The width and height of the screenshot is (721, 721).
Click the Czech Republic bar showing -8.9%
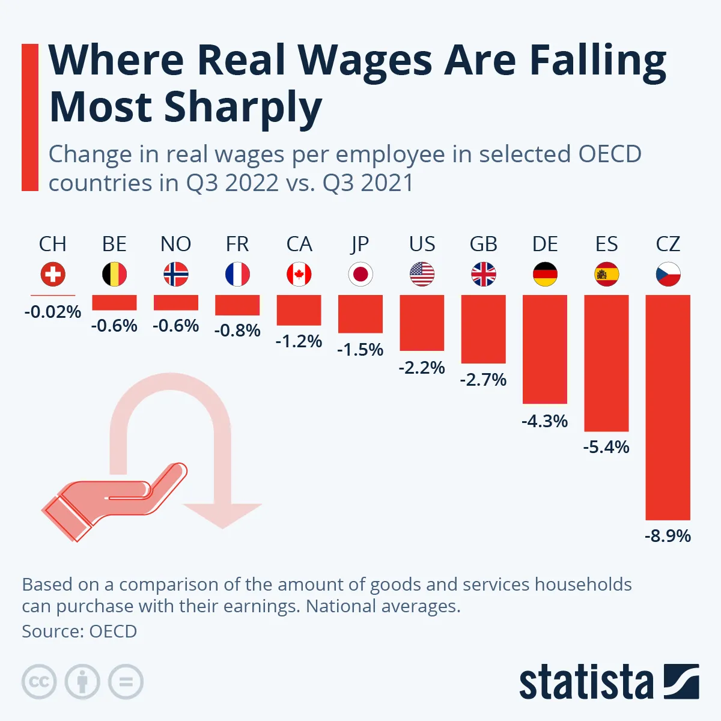click(668, 407)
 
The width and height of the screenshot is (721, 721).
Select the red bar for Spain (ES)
click(606, 363)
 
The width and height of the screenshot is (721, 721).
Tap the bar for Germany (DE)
click(545, 348)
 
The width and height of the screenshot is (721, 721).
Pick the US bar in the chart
click(422, 323)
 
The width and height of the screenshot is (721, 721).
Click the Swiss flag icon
click(53, 275)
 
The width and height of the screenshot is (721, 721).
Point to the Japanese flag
click(360, 275)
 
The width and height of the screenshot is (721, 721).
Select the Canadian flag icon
click(299, 275)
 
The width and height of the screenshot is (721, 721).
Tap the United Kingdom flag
click(484, 275)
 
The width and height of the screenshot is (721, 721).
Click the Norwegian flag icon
click(175, 275)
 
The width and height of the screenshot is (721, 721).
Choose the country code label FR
click(237, 245)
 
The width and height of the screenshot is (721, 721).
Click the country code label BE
click(114, 245)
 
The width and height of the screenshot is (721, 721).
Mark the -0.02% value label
click(53, 312)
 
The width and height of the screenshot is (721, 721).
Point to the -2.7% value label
click(483, 380)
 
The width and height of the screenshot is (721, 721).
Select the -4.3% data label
click(544, 421)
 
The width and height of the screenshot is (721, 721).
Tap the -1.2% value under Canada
click(299, 341)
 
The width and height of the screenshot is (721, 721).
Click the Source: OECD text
click(79, 631)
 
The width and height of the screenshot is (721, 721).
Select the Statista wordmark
click(586, 683)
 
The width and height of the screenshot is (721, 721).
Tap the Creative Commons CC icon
click(39, 682)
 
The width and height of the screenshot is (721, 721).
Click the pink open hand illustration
click(114, 499)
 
